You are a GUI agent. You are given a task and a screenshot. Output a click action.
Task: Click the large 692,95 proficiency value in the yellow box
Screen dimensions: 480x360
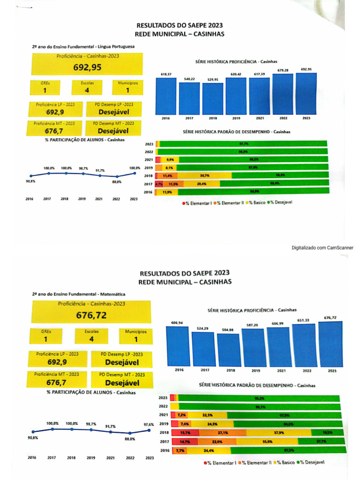pyautogui.click(x=87, y=67)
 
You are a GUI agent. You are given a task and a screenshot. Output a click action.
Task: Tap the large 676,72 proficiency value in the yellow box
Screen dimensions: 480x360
pyautogui.click(x=91, y=315)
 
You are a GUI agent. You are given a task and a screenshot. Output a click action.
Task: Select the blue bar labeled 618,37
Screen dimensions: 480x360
pyautogui.click(x=166, y=96)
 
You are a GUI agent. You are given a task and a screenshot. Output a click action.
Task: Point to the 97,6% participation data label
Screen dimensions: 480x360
pyautogui.click(x=149, y=424)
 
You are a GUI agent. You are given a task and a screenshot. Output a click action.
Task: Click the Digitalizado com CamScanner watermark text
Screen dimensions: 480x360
pyautogui.click(x=322, y=247)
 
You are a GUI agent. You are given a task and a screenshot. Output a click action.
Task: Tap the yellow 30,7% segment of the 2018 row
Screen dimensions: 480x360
pyautogui.click(x=204, y=175)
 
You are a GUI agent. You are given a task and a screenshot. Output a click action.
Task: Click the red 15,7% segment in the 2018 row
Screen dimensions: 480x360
pyautogui.click(x=185, y=433)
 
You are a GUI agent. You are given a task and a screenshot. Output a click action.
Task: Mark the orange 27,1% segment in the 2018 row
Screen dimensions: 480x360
pyautogui.click(x=223, y=433)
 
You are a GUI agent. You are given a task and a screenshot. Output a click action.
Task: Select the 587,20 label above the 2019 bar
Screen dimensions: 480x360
pyautogui.click(x=252, y=325)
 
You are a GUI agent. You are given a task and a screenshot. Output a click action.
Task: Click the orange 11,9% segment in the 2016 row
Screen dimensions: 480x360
pyautogui.click(x=167, y=192)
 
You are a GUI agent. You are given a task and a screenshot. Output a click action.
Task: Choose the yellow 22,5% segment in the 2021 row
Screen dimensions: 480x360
pyautogui.click(x=207, y=415)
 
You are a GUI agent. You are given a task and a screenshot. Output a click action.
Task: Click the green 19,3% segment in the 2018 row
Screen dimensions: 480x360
pyautogui.click(x=327, y=433)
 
